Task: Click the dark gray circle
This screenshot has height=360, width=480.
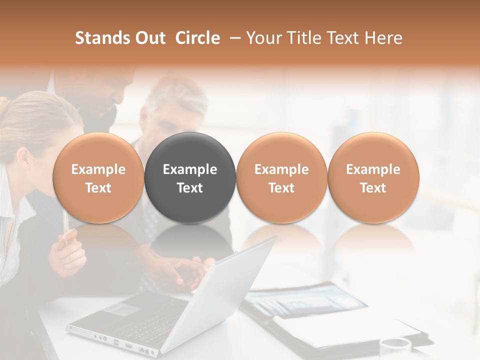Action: (x=190, y=177)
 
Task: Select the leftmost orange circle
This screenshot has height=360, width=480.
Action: (x=98, y=177)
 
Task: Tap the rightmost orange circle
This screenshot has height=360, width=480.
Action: (x=373, y=177)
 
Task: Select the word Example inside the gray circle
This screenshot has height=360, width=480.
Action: (x=190, y=169)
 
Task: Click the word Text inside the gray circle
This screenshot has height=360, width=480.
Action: (x=190, y=188)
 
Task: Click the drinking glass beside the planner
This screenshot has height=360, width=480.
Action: (x=395, y=349)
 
